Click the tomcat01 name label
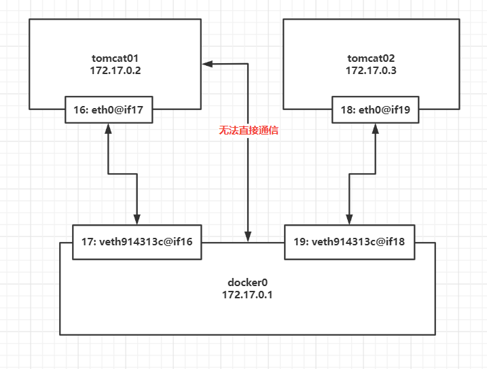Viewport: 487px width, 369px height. click(114, 57)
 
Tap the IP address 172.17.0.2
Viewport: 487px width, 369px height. click(114, 70)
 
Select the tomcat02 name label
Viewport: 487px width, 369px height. click(367, 57)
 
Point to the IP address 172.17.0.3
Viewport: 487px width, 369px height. click(367, 70)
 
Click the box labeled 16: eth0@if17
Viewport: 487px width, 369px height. click(109, 109)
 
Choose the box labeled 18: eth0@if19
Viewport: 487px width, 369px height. click(376, 109)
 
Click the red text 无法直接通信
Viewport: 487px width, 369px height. click(249, 130)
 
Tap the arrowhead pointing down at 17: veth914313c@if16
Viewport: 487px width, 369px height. click(137, 220)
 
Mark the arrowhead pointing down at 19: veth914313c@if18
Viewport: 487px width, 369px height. click(349, 220)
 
